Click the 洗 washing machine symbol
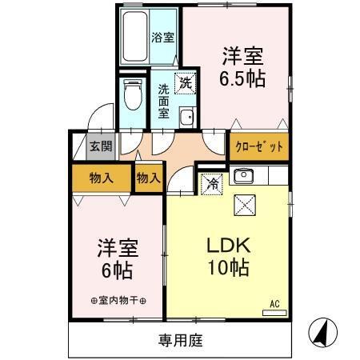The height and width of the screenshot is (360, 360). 185,82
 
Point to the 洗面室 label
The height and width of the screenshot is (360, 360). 163,101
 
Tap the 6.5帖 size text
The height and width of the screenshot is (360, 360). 243,79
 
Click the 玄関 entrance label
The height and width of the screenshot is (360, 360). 100,146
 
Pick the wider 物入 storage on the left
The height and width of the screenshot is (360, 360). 100,178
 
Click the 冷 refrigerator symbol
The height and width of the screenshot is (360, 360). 213,182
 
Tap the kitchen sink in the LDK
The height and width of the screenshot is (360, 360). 242,176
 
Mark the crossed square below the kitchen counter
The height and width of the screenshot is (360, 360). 243,206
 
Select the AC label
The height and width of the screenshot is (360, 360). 274,303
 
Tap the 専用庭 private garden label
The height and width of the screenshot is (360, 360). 179,341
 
